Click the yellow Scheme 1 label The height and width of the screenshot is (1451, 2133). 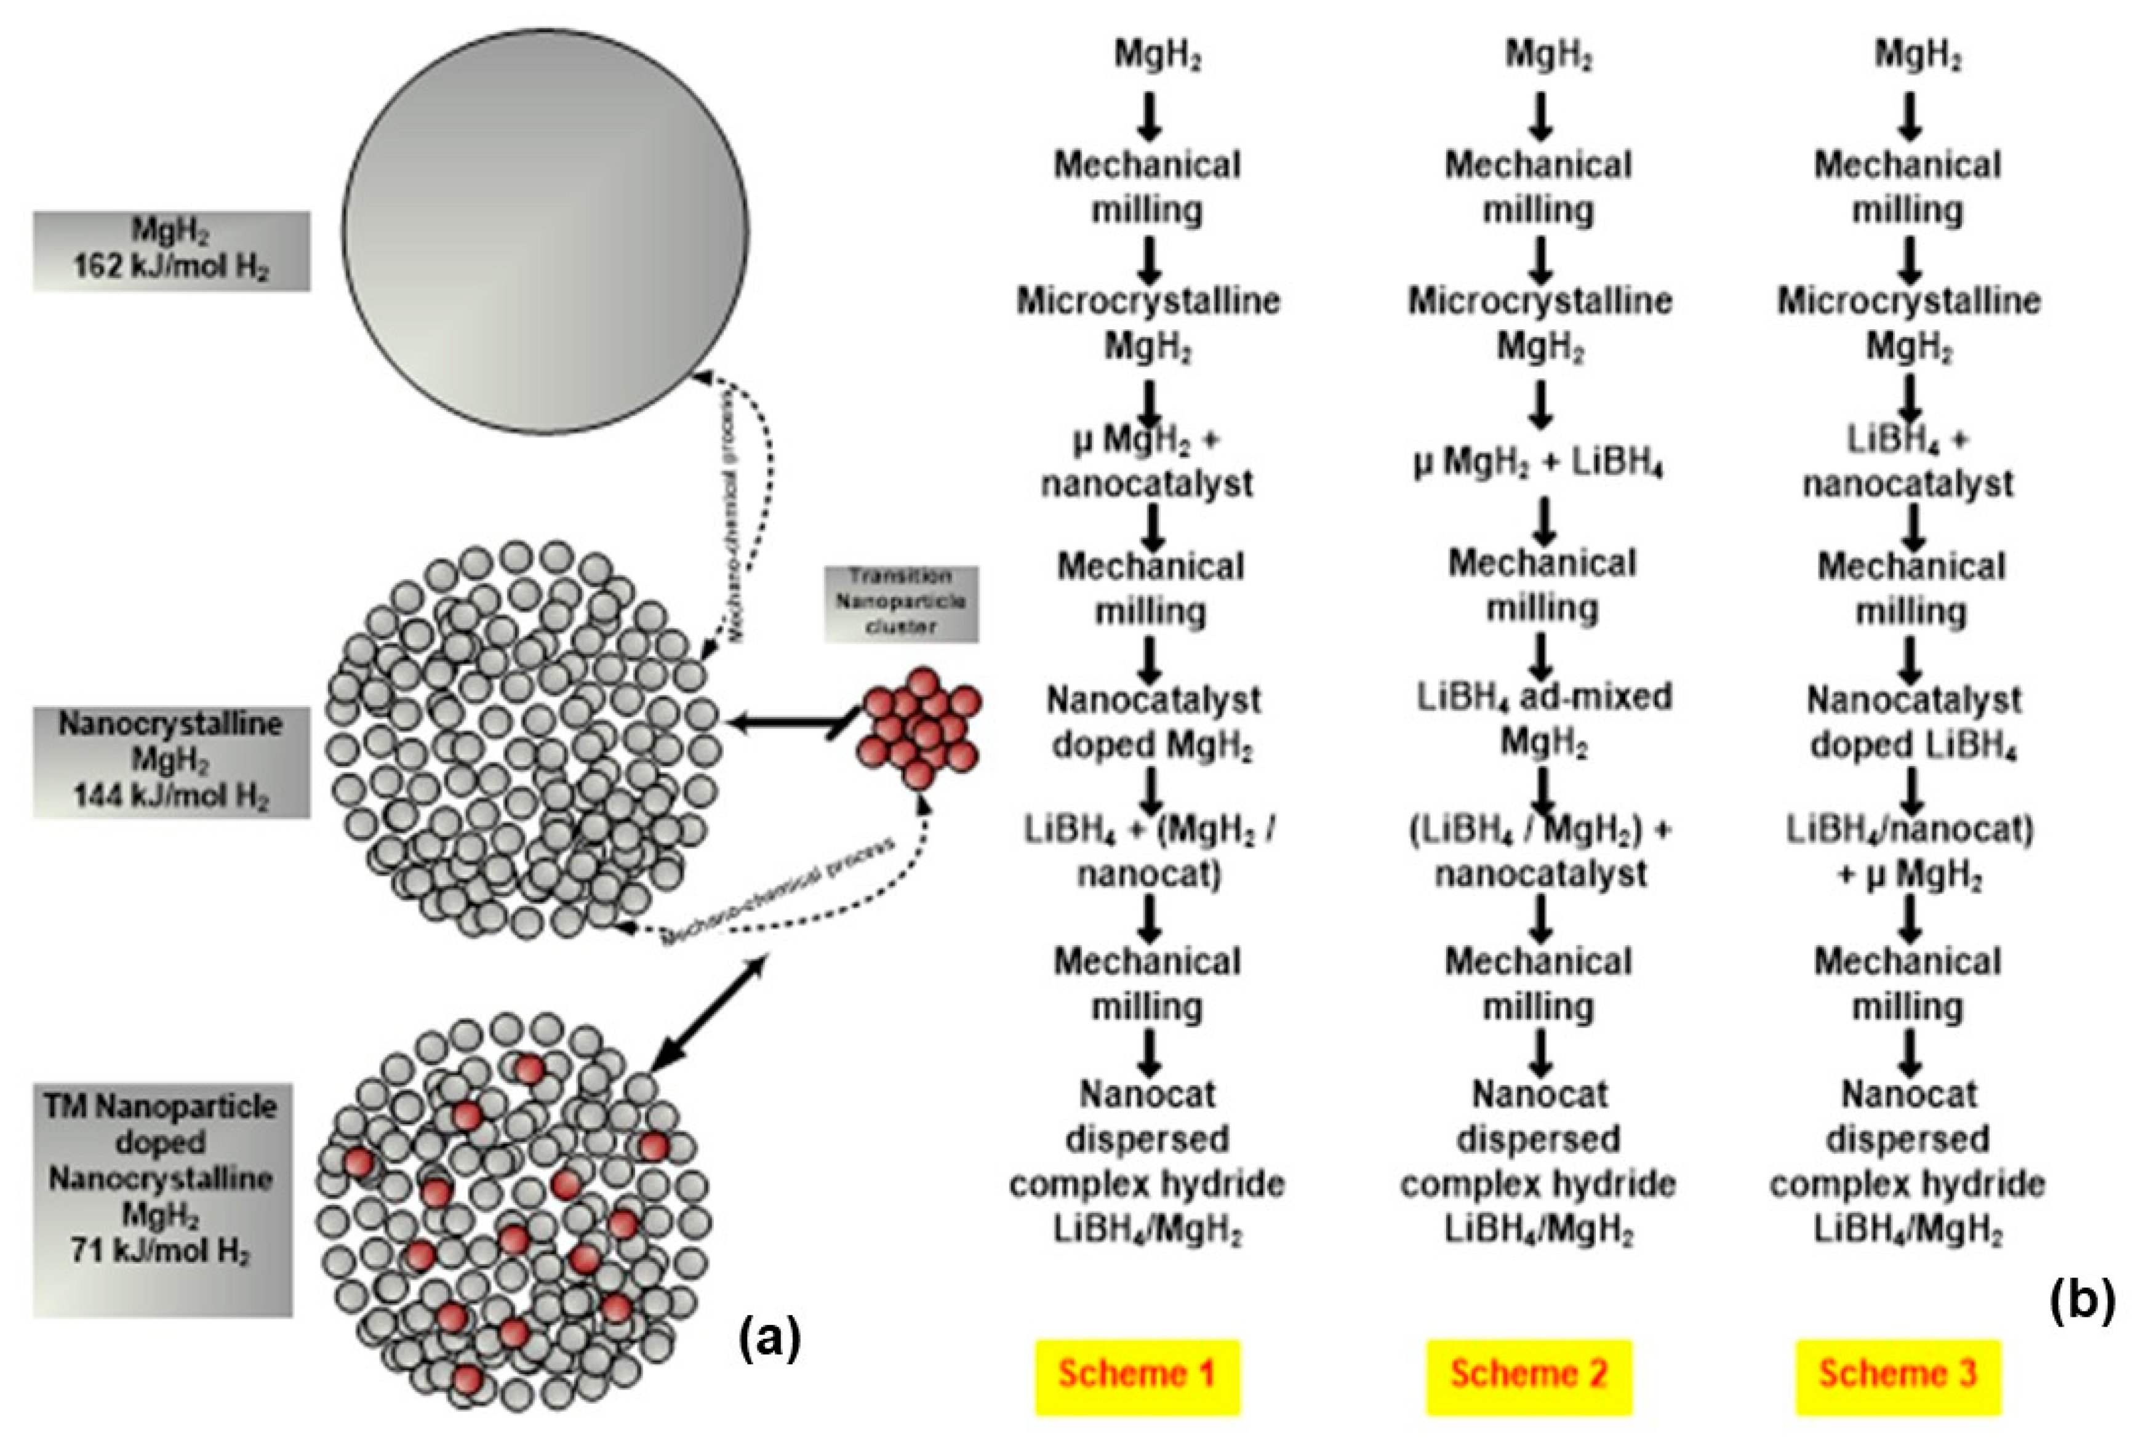pyautogui.click(x=1137, y=1374)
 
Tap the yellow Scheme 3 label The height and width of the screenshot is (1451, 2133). pyautogui.click(x=1897, y=1374)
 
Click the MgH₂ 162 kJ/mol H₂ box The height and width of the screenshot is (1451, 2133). pyautogui.click(x=172, y=250)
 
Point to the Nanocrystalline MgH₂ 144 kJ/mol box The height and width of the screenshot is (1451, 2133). pyautogui.click(x=172, y=760)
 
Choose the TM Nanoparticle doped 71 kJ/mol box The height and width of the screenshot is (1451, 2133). pyautogui.click(x=162, y=1199)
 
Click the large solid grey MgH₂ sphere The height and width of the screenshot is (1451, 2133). pyautogui.click(x=545, y=230)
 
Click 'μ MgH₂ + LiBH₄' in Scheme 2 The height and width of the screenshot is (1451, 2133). pyautogui.click(x=1539, y=463)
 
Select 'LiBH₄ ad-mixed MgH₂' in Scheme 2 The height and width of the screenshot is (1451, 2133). pyautogui.click(x=1544, y=721)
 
